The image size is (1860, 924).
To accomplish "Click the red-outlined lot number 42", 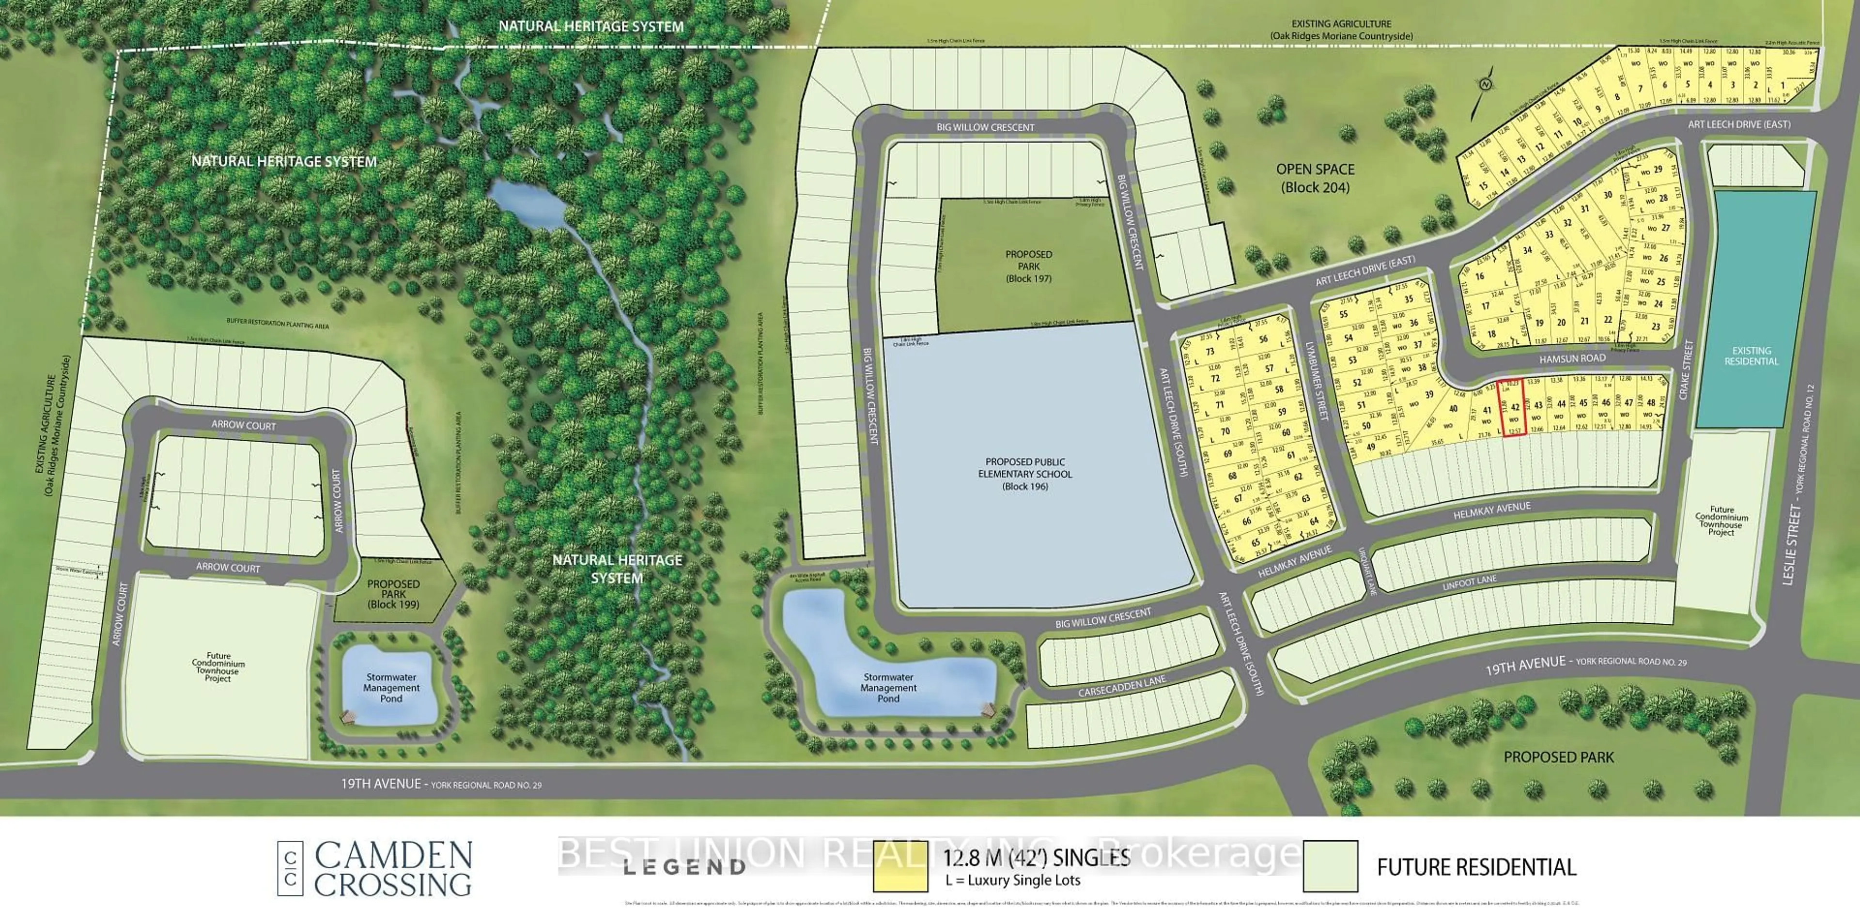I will click(x=1515, y=408).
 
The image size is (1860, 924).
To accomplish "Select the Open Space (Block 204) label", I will click(x=1315, y=178).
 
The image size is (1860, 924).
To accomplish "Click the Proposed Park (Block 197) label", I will click(x=1029, y=266).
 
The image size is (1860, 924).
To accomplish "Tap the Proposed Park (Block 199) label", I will click(x=393, y=593).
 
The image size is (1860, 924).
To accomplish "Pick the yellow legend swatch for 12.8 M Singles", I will click(x=899, y=866).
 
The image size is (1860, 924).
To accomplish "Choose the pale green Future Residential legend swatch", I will click(x=1331, y=866).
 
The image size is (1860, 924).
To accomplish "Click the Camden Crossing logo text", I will click(x=393, y=868).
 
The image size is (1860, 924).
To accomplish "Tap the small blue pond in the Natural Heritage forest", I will click(x=527, y=202).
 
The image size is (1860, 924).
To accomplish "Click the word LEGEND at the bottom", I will click(x=684, y=867).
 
